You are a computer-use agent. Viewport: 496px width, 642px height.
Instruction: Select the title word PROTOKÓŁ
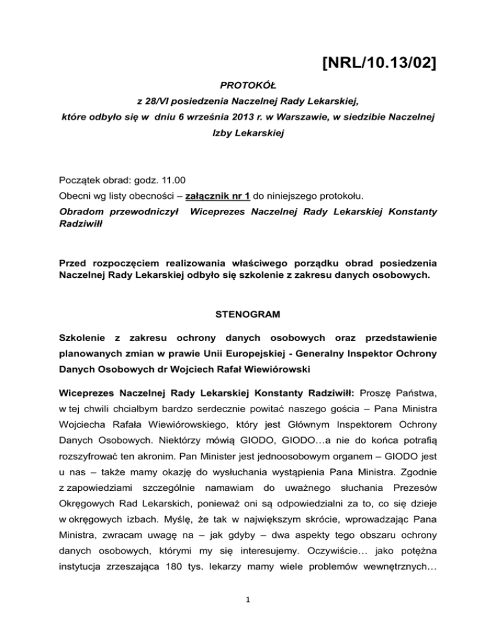click(248, 85)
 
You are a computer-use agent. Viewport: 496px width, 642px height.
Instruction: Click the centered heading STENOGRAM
click(247, 316)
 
